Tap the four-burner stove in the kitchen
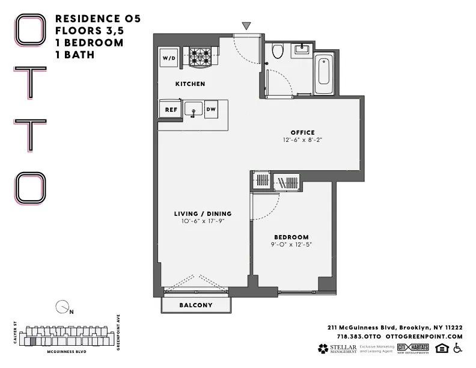coord(201,58)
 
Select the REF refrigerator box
coord(171,109)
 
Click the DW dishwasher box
coord(211,109)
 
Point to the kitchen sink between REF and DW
coord(193,110)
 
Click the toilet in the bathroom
coord(277,52)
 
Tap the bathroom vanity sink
coord(301,50)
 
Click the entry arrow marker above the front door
coord(246,26)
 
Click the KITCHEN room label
coord(190,84)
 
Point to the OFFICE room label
coord(302,132)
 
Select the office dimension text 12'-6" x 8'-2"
coord(302,140)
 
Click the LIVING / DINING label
coord(203,213)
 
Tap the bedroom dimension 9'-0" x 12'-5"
coord(291,245)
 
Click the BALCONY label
coord(196,305)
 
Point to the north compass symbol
coord(62,308)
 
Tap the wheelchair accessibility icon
coord(457,348)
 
